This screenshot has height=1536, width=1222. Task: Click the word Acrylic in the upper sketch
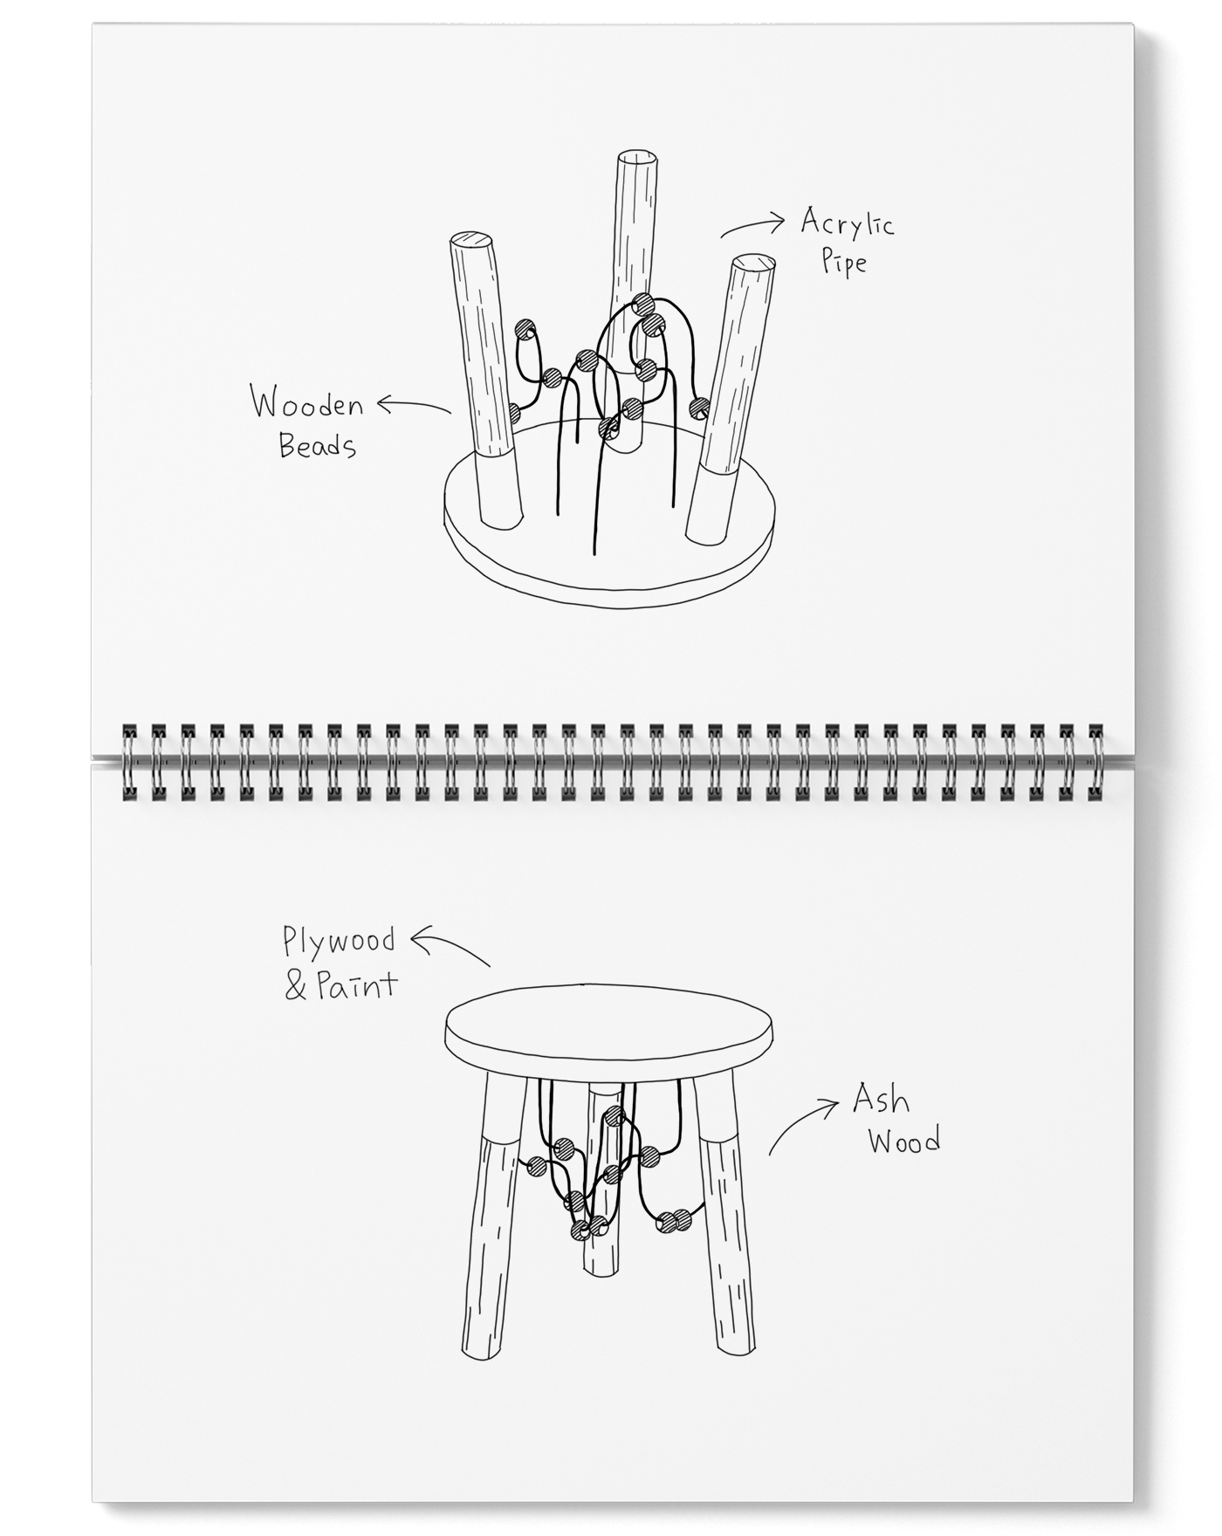(847, 224)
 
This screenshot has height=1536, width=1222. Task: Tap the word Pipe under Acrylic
(844, 261)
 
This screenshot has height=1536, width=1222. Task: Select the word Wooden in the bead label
(307, 405)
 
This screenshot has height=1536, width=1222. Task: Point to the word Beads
(318, 446)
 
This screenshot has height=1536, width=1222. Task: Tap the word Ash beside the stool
(881, 1100)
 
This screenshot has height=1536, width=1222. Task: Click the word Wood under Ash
(904, 1141)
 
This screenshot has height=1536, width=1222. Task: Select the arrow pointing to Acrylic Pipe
(752, 228)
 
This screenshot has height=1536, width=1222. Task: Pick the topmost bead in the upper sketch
(642, 304)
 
